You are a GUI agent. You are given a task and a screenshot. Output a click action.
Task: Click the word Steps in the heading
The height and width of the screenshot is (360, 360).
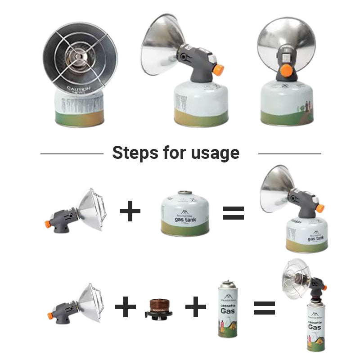(134, 153)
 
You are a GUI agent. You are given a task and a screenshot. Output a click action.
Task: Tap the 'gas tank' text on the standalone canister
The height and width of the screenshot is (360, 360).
(185, 219)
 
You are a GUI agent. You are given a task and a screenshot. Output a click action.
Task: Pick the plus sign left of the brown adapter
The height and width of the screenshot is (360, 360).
(126, 308)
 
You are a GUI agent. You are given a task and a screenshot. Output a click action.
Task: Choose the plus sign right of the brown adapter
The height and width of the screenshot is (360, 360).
(196, 308)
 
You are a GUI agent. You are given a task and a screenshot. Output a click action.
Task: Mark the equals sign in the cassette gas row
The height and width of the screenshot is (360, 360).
(265, 308)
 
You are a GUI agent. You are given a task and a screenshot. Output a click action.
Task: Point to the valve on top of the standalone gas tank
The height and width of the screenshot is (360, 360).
(184, 193)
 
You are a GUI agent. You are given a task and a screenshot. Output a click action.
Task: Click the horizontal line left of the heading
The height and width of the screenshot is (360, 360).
(72, 154)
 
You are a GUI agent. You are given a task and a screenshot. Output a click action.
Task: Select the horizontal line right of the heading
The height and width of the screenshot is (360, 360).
(289, 154)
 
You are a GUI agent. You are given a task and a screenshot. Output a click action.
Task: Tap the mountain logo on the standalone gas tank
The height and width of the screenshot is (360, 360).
(184, 212)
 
